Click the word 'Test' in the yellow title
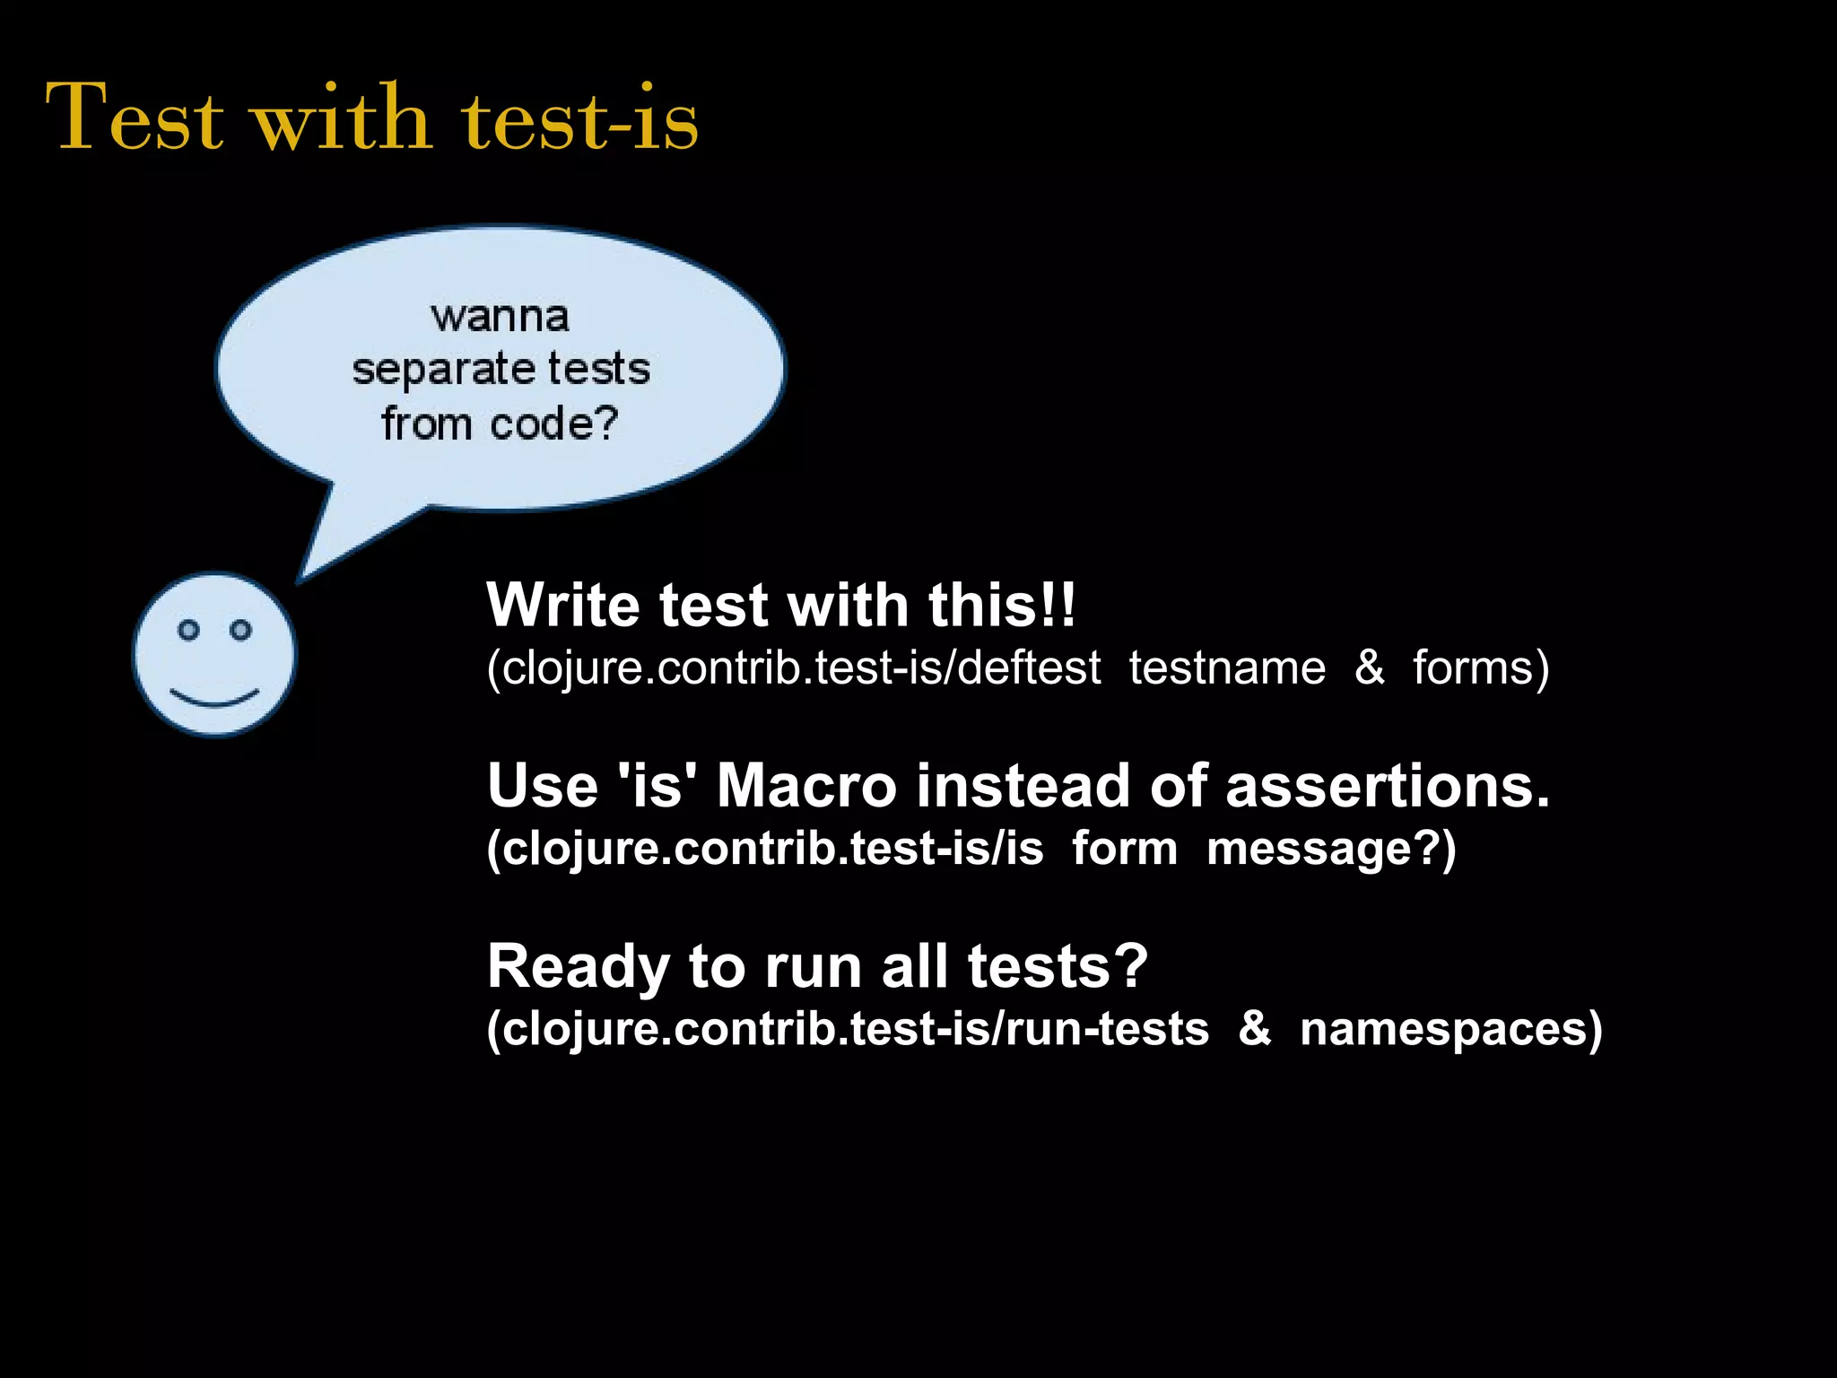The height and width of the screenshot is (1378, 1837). coord(135,118)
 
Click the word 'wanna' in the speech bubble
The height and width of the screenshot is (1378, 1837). coord(500,317)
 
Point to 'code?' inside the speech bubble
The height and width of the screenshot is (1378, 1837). coord(554,423)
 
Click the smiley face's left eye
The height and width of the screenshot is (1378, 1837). coord(188,630)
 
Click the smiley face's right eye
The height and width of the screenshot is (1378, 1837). coord(240,630)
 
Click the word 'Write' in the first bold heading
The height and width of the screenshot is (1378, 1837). coord(563,605)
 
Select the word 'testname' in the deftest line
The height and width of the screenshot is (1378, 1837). coord(1226,668)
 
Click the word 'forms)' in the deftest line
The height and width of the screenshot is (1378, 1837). coord(1480,668)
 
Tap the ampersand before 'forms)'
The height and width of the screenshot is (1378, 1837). coord(1369,668)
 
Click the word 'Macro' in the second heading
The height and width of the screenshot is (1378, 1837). coord(806,786)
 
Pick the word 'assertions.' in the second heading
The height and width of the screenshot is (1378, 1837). coord(1387,786)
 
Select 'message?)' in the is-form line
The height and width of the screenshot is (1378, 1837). coord(1331,849)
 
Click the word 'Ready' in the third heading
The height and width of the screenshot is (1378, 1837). coord(578,967)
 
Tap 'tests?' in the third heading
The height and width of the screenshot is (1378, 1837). coord(1058,967)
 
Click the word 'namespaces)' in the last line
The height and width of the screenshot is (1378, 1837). coord(1450,1029)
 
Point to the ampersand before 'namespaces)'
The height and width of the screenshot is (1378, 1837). coord(1254,1029)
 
